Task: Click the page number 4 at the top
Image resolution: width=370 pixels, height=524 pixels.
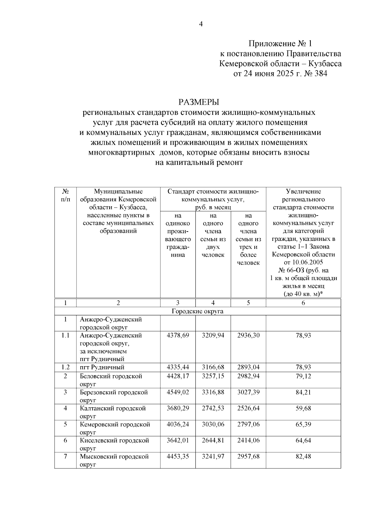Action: click(x=201, y=24)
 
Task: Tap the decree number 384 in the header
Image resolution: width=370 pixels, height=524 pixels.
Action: click(x=319, y=74)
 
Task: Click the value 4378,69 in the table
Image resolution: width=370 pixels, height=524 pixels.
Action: click(x=178, y=335)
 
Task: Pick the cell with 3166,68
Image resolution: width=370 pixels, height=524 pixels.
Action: click(x=213, y=367)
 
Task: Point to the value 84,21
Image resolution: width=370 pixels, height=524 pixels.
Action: click(x=303, y=392)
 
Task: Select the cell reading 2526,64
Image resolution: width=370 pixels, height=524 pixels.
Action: click(x=248, y=408)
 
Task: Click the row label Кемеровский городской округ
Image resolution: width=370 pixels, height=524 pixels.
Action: click(x=115, y=428)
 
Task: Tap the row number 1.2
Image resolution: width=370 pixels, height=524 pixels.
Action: click(x=65, y=367)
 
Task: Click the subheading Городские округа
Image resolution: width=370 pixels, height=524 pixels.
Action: click(x=197, y=311)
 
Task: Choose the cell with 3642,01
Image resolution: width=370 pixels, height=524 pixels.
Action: click(x=178, y=440)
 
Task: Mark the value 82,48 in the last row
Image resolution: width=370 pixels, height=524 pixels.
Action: click(x=303, y=456)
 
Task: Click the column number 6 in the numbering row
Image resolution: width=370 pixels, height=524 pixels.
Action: click(x=303, y=303)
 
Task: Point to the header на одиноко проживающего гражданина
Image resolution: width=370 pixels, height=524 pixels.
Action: click(x=178, y=235)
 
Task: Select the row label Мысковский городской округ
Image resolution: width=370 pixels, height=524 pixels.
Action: click(x=114, y=460)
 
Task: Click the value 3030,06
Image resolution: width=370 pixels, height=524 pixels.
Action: click(x=213, y=424)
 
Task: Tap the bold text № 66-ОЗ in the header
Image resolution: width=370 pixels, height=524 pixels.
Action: click(x=291, y=270)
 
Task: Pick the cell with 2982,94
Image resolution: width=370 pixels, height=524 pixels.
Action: click(x=248, y=376)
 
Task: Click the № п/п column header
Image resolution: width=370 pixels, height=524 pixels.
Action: click(x=65, y=195)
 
